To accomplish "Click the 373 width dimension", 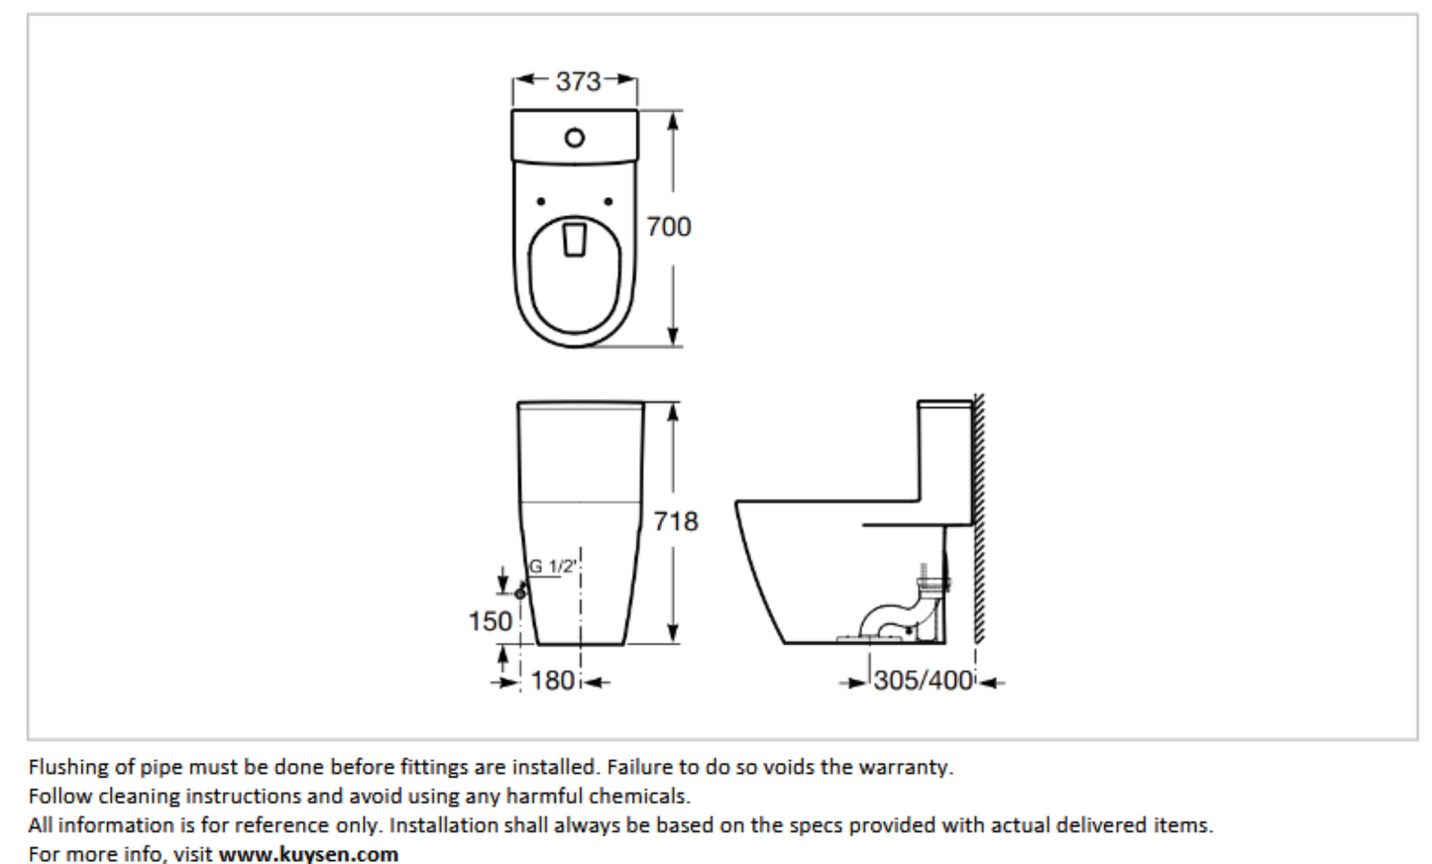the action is (x=578, y=82).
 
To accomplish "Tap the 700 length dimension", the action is (x=669, y=227).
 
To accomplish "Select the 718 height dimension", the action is (x=676, y=521).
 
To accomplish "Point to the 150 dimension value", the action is (x=491, y=621).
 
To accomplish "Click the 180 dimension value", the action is (x=553, y=681).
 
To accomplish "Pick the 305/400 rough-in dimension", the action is (x=924, y=681).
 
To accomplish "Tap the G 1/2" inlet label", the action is (x=553, y=566).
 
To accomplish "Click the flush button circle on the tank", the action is (x=575, y=138).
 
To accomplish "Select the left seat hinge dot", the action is (x=541, y=202).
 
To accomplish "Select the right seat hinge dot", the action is (x=607, y=202).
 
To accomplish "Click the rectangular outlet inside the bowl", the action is (x=575, y=240).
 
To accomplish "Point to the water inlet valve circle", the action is (x=520, y=594).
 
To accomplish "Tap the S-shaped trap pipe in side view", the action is (x=892, y=610).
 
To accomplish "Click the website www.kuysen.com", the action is (x=308, y=854).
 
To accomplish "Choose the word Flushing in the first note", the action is (x=68, y=768).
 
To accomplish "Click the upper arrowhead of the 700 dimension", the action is (x=673, y=122).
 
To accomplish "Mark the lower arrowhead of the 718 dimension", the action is (x=673, y=633).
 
